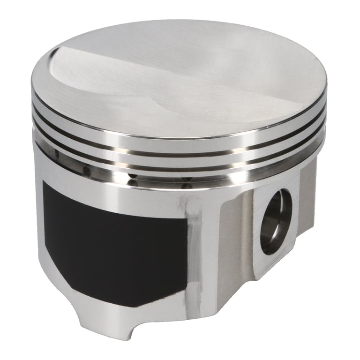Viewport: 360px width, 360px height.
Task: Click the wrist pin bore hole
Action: coord(276,222)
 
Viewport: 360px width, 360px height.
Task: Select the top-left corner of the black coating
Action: coord(45,183)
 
